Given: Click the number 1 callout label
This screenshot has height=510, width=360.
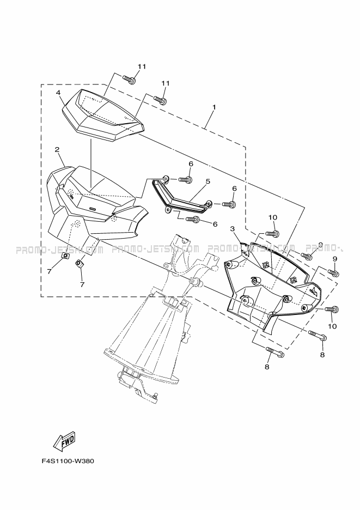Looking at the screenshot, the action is (214, 107).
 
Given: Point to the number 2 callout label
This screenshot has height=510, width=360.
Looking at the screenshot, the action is (57, 150).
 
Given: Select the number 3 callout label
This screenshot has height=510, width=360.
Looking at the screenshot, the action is (232, 229).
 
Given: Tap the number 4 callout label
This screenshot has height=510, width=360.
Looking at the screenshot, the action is (58, 93).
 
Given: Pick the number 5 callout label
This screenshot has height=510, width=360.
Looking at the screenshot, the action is (208, 181).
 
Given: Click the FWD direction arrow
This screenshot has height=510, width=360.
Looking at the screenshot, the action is (64, 441).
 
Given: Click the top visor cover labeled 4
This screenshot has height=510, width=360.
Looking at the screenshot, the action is (103, 116).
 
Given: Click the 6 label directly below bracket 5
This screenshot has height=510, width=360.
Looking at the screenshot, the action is (215, 224).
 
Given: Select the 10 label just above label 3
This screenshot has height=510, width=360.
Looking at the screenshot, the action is (272, 217).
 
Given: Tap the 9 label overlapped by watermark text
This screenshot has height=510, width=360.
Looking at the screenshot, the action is (320, 245).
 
